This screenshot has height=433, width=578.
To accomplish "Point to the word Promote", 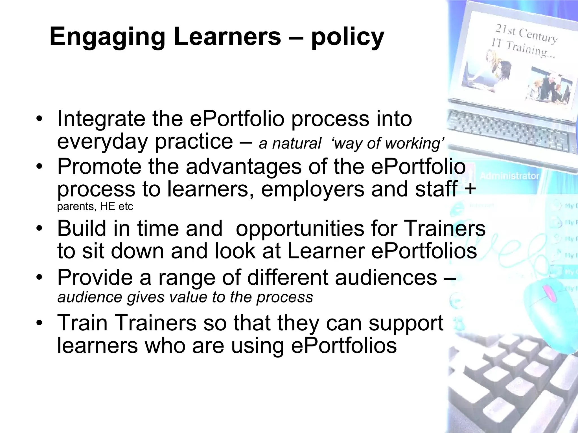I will point(99,167).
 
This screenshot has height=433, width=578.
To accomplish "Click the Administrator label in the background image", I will point(509,176).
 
